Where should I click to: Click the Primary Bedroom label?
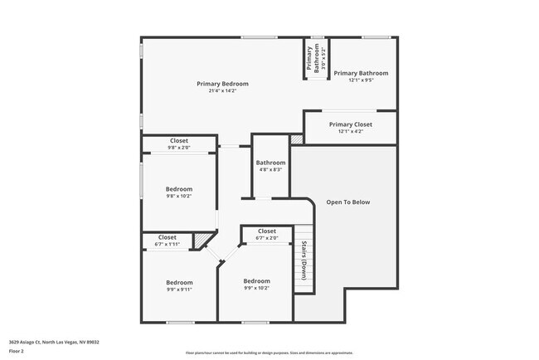click(222, 84)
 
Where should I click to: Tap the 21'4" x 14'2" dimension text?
click(222, 91)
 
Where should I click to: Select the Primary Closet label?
click(351, 124)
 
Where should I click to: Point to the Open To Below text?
click(348, 202)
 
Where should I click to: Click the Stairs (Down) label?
click(304, 260)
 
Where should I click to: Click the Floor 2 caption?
click(17, 350)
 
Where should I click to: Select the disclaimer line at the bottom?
click(269, 353)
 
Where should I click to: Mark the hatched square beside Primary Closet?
click(297, 140)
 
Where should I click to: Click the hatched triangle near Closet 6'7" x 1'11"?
click(200, 241)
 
